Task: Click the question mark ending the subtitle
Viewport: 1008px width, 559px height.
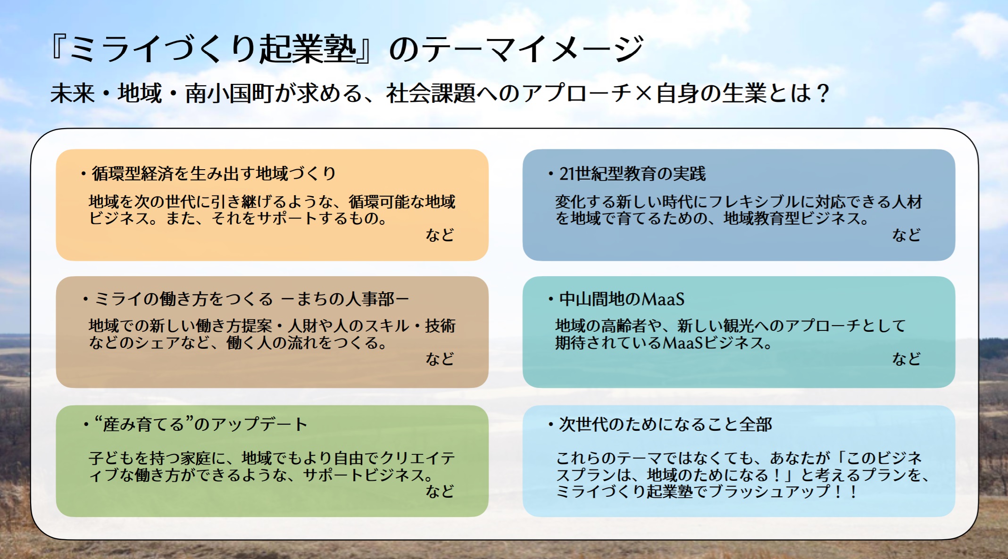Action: point(824,93)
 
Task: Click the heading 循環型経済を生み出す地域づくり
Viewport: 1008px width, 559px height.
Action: point(214,174)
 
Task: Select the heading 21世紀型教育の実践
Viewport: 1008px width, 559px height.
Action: point(632,174)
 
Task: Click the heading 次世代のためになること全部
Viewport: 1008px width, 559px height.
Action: point(665,424)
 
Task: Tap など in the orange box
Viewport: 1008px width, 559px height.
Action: point(440,235)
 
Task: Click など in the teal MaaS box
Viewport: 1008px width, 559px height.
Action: point(906,359)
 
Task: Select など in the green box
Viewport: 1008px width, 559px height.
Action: point(440,491)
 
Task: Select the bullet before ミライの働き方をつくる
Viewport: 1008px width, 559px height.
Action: point(85,299)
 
